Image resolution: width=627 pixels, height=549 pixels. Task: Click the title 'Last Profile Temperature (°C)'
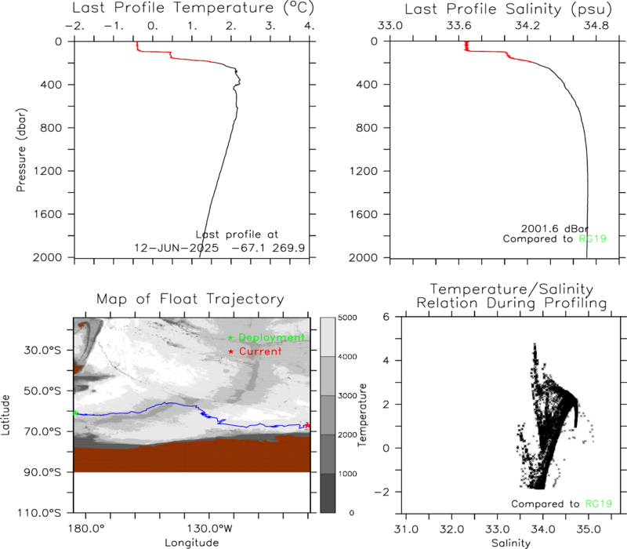(x=193, y=8)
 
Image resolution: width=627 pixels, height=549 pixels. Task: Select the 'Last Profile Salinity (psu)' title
(x=508, y=9)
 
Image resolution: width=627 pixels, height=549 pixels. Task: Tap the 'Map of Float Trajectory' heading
(x=190, y=299)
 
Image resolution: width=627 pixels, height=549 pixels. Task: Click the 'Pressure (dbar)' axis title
(x=21, y=150)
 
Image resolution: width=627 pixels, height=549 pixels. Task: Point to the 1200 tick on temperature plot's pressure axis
(x=48, y=171)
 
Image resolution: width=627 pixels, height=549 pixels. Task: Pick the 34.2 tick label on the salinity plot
(x=527, y=26)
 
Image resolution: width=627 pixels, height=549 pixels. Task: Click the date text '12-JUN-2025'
(x=176, y=248)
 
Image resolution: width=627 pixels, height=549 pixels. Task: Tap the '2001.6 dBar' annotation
(x=555, y=228)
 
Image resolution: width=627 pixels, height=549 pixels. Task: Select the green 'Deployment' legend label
(x=271, y=338)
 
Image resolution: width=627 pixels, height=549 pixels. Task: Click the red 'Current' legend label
(x=260, y=351)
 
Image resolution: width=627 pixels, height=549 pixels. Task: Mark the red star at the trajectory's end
(x=307, y=425)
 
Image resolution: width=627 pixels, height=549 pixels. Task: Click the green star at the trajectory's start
(x=75, y=413)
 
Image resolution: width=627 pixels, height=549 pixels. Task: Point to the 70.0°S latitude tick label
(x=42, y=431)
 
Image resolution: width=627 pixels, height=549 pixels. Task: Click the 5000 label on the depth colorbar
(x=347, y=318)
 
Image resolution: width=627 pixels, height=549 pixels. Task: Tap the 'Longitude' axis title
(x=192, y=543)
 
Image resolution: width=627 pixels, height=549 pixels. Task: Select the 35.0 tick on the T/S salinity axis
(x=589, y=529)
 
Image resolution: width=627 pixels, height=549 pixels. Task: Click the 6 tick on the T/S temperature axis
(x=386, y=317)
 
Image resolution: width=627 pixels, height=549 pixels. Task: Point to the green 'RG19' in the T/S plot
(x=599, y=504)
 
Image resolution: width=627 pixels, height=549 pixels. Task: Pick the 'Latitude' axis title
(x=5, y=415)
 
